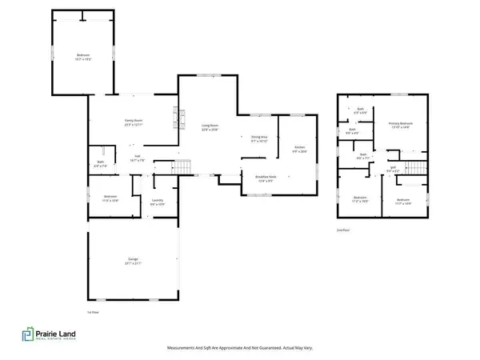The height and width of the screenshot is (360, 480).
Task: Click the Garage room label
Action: click(133, 261)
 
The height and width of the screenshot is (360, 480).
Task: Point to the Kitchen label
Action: click(299, 149)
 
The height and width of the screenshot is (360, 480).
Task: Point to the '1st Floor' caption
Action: click(92, 311)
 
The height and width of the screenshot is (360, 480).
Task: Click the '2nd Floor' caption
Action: click(345, 230)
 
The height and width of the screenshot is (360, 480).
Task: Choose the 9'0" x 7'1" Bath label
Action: click(362, 157)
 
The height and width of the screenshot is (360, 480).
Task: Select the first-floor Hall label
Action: click(137, 158)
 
